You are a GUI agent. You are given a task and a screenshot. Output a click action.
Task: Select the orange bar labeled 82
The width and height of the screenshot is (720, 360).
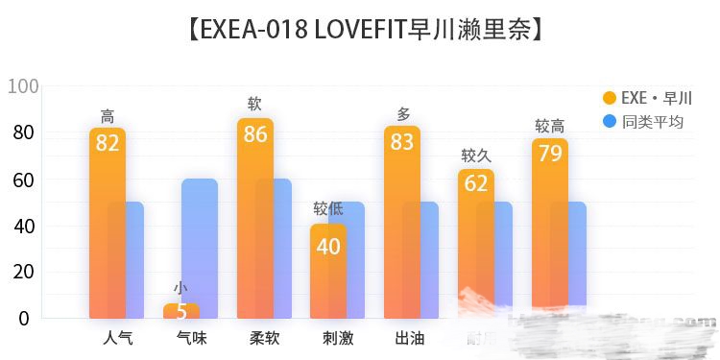(107, 226)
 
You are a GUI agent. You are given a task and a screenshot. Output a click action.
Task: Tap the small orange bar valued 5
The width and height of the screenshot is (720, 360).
(180, 311)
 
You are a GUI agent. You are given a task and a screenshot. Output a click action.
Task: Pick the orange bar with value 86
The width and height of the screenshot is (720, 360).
(254, 221)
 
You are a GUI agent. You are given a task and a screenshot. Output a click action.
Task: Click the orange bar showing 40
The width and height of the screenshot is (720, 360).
(328, 274)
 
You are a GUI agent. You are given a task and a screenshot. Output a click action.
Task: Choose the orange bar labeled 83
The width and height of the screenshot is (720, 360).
(402, 226)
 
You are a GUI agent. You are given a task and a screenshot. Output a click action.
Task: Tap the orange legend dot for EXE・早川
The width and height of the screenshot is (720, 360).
(609, 98)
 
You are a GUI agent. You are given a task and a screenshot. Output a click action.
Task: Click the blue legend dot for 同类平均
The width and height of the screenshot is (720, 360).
(609, 122)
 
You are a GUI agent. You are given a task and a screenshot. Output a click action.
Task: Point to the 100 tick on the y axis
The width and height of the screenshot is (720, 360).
(23, 86)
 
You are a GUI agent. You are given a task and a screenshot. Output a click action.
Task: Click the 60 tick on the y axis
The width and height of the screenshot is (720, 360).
(23, 180)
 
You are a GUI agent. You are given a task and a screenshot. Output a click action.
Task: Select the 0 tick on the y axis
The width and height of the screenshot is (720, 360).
(23, 318)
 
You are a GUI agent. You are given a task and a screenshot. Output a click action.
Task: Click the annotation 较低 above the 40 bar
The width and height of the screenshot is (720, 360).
(328, 209)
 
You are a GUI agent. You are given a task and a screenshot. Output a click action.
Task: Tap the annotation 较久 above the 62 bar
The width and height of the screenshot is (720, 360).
(476, 156)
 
